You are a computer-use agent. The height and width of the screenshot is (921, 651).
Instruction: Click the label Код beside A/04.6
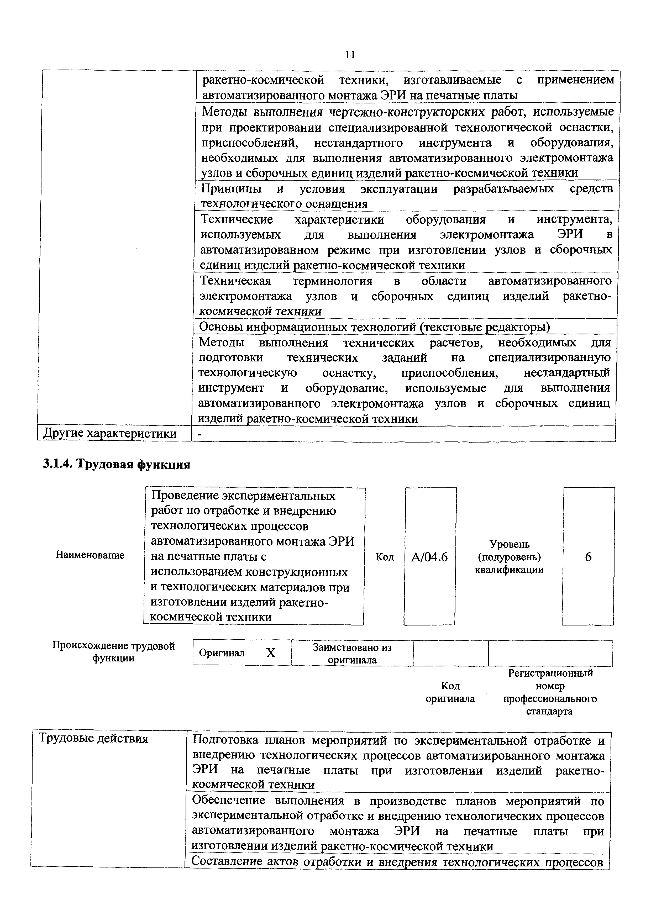click(x=384, y=557)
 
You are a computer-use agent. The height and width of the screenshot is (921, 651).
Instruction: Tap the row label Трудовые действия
click(x=93, y=739)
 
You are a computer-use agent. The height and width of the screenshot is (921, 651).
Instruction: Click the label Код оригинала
click(x=450, y=692)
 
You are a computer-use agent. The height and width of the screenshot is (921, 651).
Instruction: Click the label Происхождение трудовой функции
click(x=113, y=652)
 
